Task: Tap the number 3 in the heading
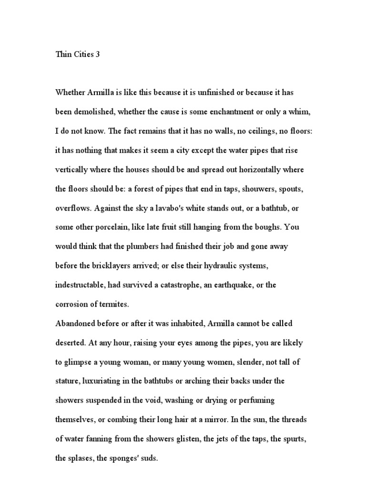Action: click(x=98, y=54)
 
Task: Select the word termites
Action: click(x=114, y=304)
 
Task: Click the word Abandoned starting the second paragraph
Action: click(x=75, y=324)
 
